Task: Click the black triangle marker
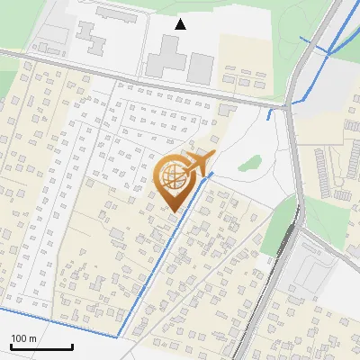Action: tap(181, 23)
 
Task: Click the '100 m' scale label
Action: tap(23, 338)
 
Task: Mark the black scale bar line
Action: tap(41, 346)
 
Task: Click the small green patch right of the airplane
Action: tap(250, 164)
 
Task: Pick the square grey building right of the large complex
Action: tap(201, 67)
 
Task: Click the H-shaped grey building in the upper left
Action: tap(90, 36)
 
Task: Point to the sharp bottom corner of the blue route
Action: tap(118, 336)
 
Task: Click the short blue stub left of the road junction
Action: tap(270, 114)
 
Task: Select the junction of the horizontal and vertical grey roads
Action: tap(290, 106)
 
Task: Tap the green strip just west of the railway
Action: tap(282, 225)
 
